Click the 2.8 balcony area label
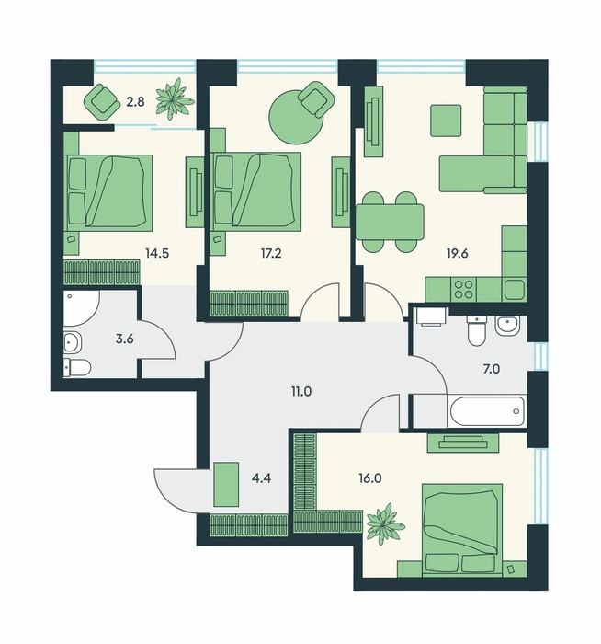135,101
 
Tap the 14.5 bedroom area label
157,253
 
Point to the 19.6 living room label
458,253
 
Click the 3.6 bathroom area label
125,339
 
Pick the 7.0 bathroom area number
491,369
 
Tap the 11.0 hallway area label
301,392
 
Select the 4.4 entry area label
262,478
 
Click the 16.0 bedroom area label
369,478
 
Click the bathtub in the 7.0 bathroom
487,411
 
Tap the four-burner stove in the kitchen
463,289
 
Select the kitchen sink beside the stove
515,290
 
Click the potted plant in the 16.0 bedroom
384,523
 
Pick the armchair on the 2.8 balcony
100,102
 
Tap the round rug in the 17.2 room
296,117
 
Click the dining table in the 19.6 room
390,223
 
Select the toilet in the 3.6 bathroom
77,368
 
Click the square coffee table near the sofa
446,121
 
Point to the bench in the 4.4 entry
226,484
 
